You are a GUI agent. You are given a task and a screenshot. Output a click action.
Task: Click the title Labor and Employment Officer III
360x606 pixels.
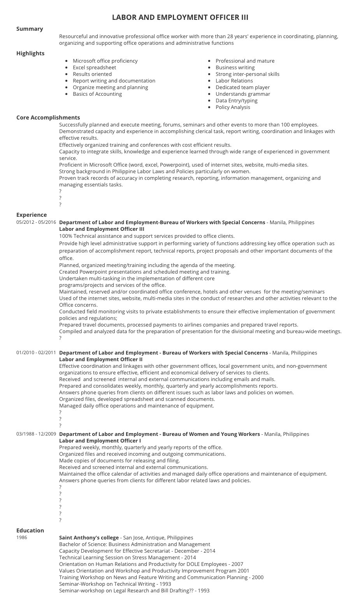pos(180,18)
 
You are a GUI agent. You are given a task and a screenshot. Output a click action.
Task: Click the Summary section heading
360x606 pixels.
pos(30,29)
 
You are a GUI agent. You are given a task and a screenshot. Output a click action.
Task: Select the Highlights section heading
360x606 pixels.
pos(30,53)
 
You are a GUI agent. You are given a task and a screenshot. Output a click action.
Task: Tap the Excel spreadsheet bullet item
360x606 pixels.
pos(94,67)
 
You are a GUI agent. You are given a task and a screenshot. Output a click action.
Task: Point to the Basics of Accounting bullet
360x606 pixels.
pos(97,94)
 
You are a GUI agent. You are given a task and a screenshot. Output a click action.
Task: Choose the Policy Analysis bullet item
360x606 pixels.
pos(233,107)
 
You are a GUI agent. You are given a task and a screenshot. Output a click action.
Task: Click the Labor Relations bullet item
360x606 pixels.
pos(234,81)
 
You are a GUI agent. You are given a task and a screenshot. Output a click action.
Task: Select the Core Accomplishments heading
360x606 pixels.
pos(48,118)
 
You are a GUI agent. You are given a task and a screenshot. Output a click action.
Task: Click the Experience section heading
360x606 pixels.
pos(32,215)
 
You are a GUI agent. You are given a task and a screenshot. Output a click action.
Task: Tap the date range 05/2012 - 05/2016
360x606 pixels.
pos(36,222)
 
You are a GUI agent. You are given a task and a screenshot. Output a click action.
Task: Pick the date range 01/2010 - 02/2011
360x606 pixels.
pos(36,353)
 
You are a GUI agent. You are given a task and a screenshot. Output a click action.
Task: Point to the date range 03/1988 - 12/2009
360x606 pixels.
pos(36,434)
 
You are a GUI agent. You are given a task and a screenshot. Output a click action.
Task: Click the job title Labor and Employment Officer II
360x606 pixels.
pos(101,359)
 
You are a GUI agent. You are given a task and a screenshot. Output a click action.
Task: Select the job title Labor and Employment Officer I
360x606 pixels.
pos(100,441)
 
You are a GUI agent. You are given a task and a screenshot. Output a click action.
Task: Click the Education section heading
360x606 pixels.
pos(30,530)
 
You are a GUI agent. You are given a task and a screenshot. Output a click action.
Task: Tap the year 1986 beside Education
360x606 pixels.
pos(22,537)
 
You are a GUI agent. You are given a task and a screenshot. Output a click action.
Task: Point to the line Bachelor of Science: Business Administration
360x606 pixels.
pos(134,544)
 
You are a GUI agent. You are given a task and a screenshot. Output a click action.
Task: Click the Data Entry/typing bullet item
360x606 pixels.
pos(236,100)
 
